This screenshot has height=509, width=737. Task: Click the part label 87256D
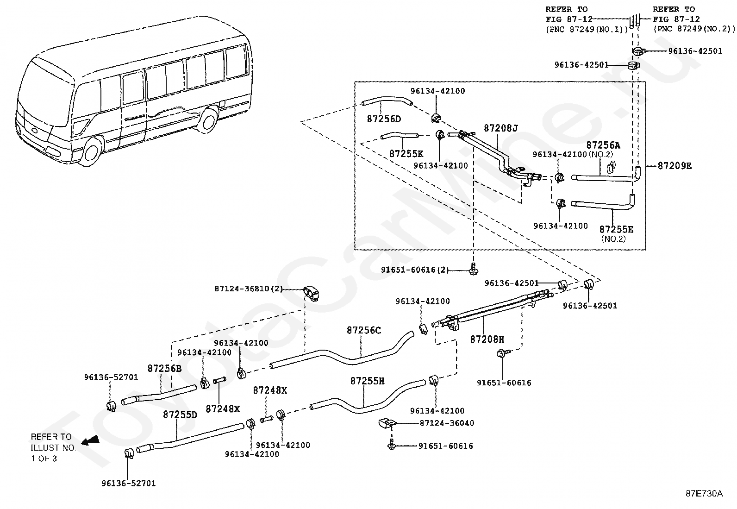pos(384,119)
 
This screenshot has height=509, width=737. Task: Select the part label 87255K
pos(406,154)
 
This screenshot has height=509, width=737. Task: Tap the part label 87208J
pos(501,128)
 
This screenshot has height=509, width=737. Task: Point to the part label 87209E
pos(675,166)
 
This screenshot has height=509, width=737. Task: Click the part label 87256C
pos(364,330)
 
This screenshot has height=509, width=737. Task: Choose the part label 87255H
pos(367,381)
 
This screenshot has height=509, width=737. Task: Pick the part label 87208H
pos(487,339)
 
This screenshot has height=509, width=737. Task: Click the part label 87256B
pos(164,368)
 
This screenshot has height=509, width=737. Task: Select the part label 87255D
pos(180,415)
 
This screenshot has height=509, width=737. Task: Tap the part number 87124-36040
pos(447,423)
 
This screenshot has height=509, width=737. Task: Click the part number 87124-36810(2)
pos(249,289)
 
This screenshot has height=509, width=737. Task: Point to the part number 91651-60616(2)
pos(415,270)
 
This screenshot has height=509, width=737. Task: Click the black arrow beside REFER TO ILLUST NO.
pos(90,440)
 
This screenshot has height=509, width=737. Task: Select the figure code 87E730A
pos(704,494)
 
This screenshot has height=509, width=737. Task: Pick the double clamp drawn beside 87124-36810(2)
pos(311,293)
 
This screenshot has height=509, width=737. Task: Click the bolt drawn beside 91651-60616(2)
pos(474,269)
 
